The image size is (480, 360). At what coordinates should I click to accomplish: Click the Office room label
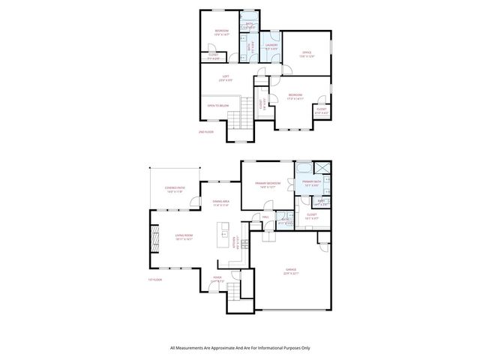click(306, 53)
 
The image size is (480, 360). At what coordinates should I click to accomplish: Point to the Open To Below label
click(217, 106)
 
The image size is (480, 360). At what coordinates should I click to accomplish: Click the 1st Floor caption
click(154, 280)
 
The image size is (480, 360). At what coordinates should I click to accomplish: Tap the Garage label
click(290, 271)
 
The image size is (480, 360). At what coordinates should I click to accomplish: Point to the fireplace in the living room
click(157, 241)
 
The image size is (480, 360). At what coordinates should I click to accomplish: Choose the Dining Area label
click(220, 202)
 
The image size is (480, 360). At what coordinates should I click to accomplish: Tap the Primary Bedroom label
click(267, 184)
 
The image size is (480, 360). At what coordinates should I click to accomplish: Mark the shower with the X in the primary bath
click(322, 168)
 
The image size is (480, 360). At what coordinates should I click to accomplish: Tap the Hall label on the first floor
click(265, 217)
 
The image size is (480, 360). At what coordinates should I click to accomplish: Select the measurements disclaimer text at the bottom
click(240, 348)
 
